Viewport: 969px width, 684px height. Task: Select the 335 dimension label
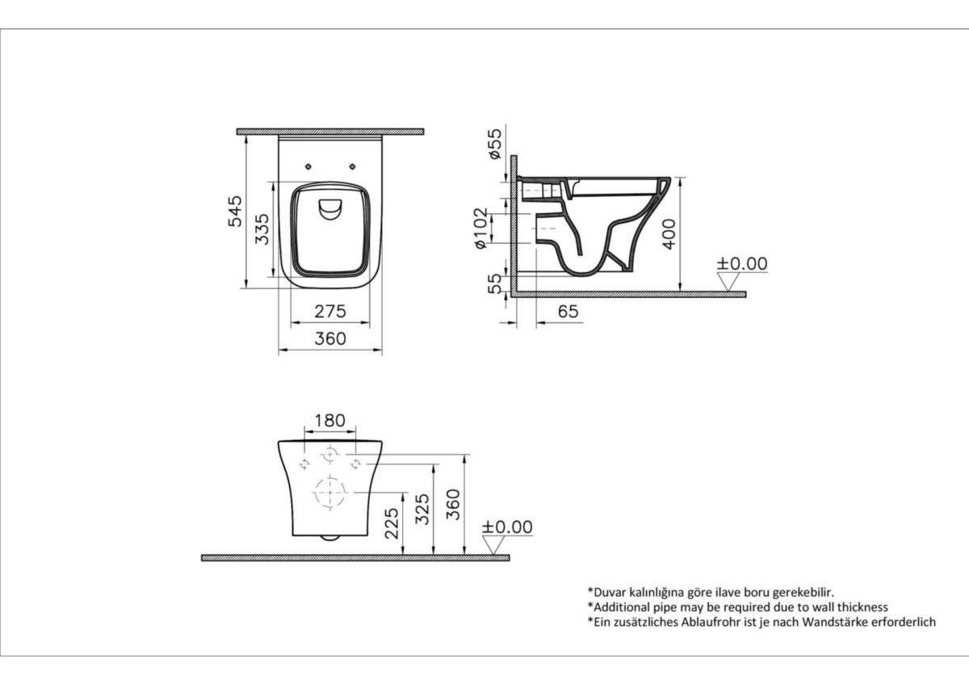click(259, 229)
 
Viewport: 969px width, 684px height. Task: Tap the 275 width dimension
click(329, 311)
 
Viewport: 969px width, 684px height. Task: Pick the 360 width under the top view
click(329, 339)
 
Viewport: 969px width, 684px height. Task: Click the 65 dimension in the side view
click(568, 311)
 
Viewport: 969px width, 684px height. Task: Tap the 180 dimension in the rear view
click(329, 421)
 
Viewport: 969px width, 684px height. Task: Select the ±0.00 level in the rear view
click(507, 527)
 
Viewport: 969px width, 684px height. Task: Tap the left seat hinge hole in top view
click(309, 166)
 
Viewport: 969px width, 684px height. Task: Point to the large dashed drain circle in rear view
click(330, 492)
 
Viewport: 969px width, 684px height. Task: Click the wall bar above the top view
click(329, 131)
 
